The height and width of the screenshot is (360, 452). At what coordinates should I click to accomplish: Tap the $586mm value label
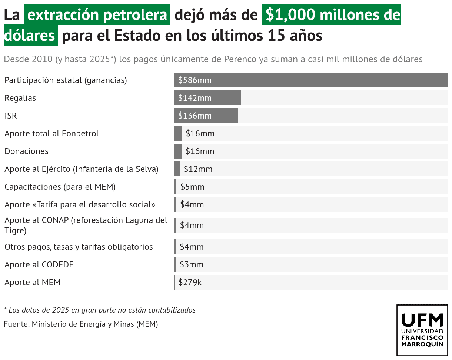(x=195, y=80)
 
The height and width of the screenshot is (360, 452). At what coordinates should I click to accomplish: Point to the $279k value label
(x=190, y=282)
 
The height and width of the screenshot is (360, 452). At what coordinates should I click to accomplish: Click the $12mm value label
(x=198, y=169)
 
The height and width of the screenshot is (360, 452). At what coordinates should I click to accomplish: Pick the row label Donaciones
(x=26, y=151)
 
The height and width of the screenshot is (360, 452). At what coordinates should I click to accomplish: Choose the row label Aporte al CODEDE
(x=39, y=264)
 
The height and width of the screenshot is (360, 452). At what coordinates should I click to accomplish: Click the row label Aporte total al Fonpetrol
(x=51, y=133)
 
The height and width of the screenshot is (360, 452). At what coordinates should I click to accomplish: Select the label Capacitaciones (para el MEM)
(x=60, y=187)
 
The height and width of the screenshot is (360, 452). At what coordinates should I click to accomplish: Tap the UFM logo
(x=422, y=330)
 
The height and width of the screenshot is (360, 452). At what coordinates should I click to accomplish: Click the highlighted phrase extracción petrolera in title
(x=97, y=15)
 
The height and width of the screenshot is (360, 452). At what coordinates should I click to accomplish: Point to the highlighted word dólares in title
(x=30, y=36)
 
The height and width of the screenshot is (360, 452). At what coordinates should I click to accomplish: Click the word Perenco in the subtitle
(x=240, y=59)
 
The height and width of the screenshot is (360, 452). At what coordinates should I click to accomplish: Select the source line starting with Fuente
(x=81, y=324)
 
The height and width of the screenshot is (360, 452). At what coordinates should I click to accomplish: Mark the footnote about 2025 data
(x=100, y=310)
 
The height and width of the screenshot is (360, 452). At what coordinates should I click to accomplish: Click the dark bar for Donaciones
(x=178, y=151)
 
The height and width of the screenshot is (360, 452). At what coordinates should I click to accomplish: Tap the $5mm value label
(x=192, y=187)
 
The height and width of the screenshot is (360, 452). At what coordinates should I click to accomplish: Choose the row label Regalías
(x=20, y=98)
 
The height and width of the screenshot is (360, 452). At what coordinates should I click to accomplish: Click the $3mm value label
(x=192, y=264)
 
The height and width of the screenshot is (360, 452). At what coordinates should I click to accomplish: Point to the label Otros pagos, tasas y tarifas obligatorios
(x=79, y=247)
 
